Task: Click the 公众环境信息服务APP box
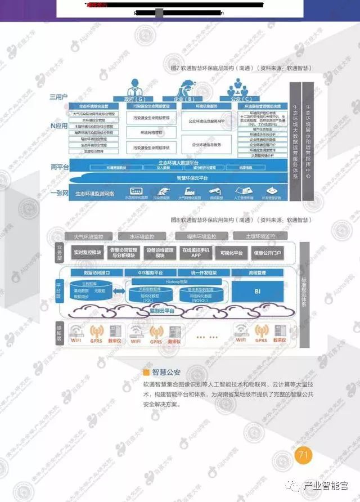coord(206,120)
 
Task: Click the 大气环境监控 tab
coord(88,236)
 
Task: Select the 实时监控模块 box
coord(87,253)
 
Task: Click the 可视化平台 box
coord(231,253)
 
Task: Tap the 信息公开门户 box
coord(268,253)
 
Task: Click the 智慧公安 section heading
coord(166,371)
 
